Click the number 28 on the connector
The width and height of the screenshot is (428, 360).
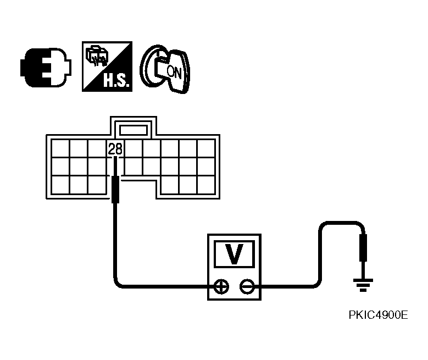pyautogui.click(x=115, y=149)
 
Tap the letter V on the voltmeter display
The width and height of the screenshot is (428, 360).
pyautogui.click(x=234, y=254)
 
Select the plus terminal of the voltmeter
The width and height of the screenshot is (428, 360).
pyautogui.click(x=221, y=287)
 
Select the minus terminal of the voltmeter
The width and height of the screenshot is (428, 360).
pyautogui.click(x=247, y=287)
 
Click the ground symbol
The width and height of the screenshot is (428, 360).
pyautogui.click(x=363, y=285)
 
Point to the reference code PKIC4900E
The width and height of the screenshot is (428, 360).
pyautogui.click(x=379, y=315)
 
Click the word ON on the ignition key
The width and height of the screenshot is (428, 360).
pyautogui.click(x=174, y=72)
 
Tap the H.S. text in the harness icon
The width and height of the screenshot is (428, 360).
pyautogui.click(x=116, y=80)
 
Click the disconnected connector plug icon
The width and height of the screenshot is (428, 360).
pyautogui.click(x=46, y=68)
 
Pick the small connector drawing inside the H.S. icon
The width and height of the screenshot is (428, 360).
pyautogui.click(x=97, y=57)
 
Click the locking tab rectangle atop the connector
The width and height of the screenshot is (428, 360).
pyautogui.click(x=134, y=130)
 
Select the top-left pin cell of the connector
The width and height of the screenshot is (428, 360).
pyautogui.click(x=60, y=148)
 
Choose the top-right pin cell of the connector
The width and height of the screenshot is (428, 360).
pyautogui.click(x=206, y=148)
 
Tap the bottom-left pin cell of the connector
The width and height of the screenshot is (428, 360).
pyautogui.click(x=60, y=185)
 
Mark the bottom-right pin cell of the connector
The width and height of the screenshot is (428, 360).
pyautogui.click(x=206, y=185)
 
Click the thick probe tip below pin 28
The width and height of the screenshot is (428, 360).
pyautogui.click(x=115, y=190)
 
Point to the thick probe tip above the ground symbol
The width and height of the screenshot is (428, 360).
pyautogui.click(x=363, y=247)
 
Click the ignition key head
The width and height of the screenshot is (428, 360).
pyautogui.click(x=177, y=73)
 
